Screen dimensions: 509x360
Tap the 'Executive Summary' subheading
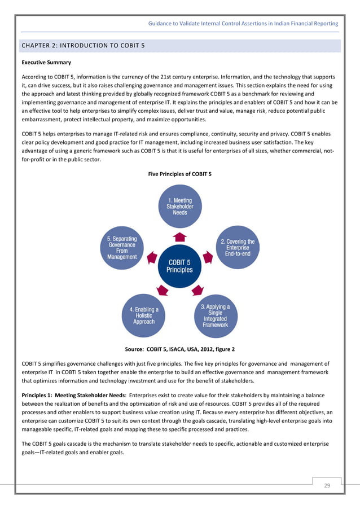[46, 62]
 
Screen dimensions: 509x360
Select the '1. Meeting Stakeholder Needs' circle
[179, 207]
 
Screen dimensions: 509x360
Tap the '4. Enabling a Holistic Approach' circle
[144, 315]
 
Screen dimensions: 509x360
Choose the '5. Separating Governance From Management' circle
[122, 248]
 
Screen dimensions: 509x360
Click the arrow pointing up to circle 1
[179, 235]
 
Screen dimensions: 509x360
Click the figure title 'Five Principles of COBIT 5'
[179, 174]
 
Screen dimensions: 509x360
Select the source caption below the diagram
[179, 350]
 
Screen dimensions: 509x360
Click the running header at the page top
[243, 24]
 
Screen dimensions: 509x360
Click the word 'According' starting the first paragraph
[35, 76]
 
